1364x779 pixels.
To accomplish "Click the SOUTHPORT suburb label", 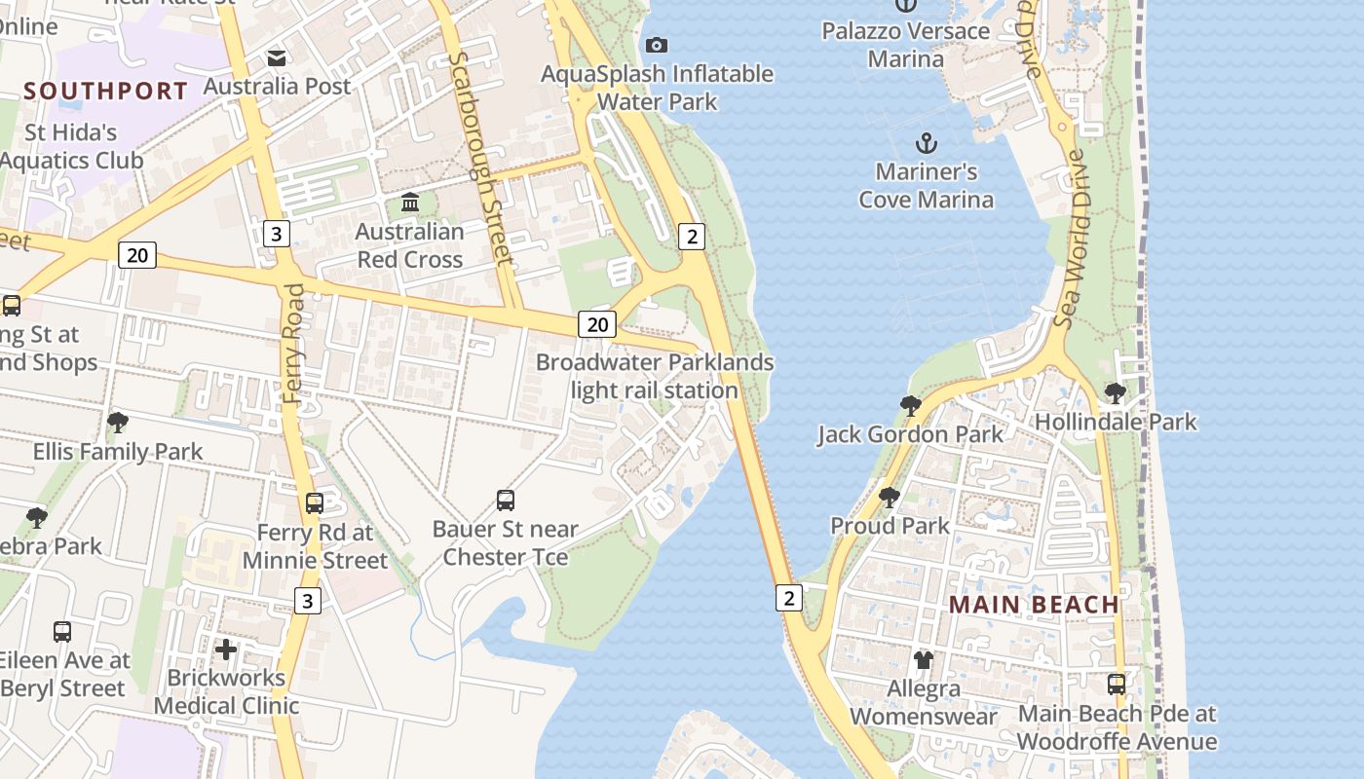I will click(105, 92).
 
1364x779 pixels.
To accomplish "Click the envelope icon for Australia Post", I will click(278, 57).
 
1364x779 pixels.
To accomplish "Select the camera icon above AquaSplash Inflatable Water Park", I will click(657, 45).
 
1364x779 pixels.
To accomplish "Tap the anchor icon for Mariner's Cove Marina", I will click(926, 144).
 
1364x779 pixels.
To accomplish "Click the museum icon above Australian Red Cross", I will click(410, 204).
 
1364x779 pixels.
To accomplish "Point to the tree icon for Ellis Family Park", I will click(118, 423).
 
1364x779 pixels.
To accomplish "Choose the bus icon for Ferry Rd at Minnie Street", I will click(315, 503).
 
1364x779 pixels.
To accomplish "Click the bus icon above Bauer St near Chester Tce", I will click(506, 501).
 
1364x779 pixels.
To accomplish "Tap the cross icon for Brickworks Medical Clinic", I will click(226, 649).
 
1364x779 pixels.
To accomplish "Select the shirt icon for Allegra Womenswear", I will click(924, 660).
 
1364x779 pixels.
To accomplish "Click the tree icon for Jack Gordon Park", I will click(911, 405).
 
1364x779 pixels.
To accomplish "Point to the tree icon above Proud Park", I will click(890, 498).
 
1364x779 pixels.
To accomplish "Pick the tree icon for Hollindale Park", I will click(1116, 393).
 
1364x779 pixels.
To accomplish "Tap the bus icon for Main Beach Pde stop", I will click(1117, 685).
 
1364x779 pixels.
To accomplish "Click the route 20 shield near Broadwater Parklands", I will click(597, 324).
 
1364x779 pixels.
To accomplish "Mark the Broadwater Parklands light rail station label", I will click(655, 377).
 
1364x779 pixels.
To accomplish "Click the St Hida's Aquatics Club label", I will click(71, 146).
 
